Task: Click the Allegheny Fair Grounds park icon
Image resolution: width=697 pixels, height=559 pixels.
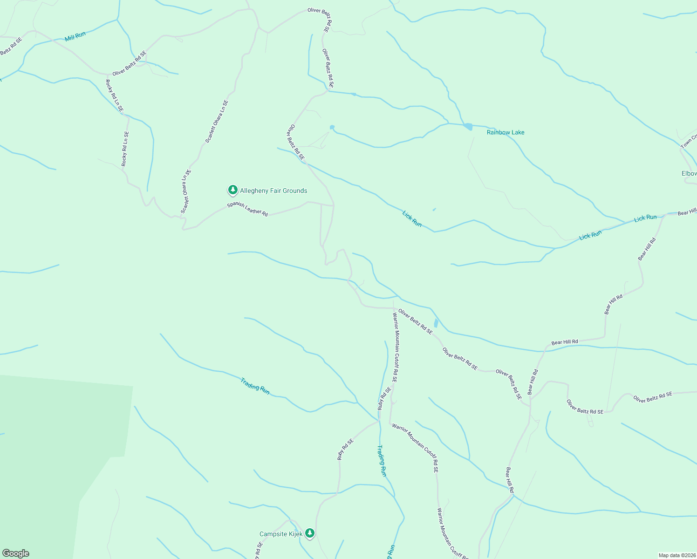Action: click(232, 190)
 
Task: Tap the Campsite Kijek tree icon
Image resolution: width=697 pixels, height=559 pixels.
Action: click(310, 533)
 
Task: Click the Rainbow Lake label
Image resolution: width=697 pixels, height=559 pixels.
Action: click(506, 132)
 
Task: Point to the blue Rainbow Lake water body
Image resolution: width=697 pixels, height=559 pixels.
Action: click(468, 127)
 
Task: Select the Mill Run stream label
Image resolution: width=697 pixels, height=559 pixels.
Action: click(75, 36)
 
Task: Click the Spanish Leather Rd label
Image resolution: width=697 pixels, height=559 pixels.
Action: click(247, 209)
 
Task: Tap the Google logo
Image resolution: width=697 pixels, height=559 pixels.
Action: click(15, 553)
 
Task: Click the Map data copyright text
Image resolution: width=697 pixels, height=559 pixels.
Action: click(676, 555)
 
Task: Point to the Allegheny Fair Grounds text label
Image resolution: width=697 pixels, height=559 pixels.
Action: click(273, 191)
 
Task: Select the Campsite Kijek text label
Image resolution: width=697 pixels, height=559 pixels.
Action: click(281, 534)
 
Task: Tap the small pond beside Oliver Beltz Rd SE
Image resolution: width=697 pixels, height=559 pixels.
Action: click(436, 323)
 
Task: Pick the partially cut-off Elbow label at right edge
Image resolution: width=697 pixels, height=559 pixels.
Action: click(689, 173)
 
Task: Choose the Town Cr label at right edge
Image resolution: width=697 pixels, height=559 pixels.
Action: click(688, 142)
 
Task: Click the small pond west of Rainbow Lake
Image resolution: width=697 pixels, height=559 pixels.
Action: click(332, 127)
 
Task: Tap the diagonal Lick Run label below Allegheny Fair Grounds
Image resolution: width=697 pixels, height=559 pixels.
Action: click(412, 219)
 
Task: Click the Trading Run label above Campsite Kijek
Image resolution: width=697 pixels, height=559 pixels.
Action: click(382, 461)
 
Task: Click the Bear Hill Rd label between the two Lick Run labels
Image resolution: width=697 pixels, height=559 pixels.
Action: click(647, 249)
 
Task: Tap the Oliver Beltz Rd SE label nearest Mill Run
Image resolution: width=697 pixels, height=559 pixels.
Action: click(129, 63)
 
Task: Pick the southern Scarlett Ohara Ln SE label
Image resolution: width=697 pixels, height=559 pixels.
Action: click(186, 191)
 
